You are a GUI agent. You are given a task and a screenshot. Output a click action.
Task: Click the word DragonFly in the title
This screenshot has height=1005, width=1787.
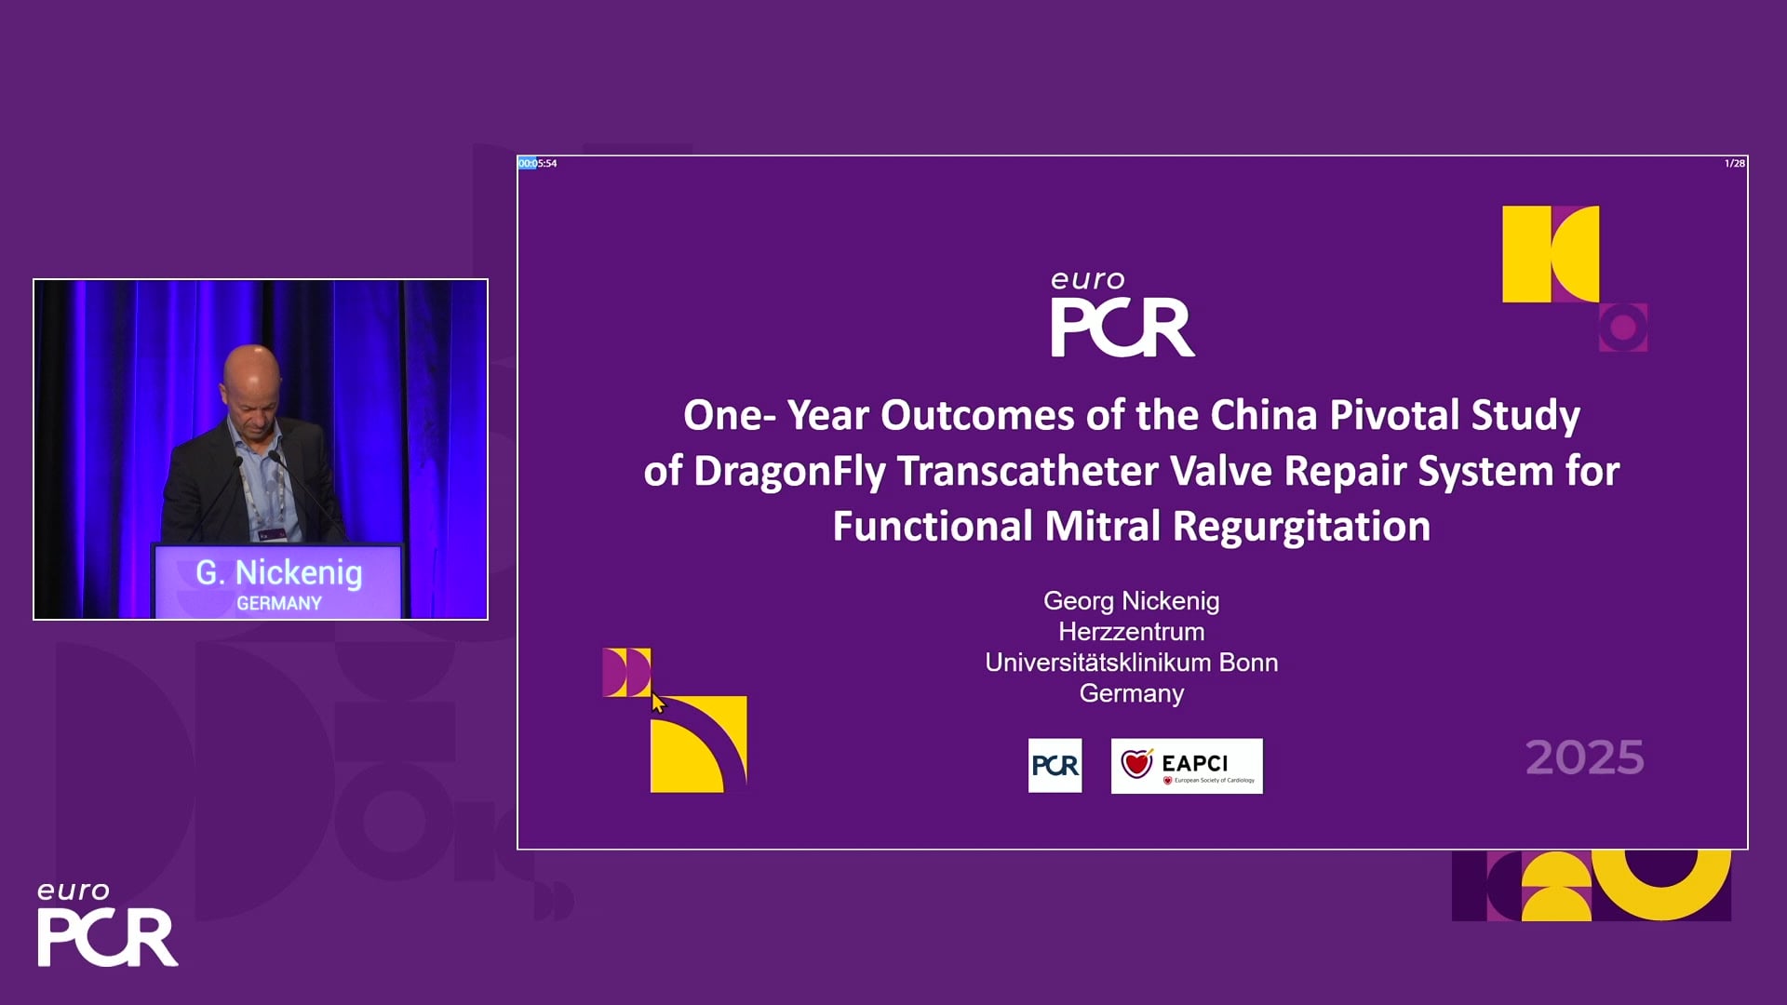[x=789, y=471]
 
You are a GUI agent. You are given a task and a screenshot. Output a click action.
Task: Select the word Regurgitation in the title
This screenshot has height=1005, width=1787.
[x=1301, y=527]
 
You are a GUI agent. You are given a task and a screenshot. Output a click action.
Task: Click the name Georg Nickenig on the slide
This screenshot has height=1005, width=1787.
[x=1131, y=601]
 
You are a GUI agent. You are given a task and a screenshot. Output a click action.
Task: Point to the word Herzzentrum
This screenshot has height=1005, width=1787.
[x=1131, y=632]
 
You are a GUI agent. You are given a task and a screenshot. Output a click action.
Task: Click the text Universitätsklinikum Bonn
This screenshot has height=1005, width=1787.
[x=1131, y=663]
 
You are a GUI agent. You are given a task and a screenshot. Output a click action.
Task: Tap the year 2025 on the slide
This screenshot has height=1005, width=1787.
[x=1584, y=757]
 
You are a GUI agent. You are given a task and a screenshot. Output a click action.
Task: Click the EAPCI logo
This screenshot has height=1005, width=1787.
[x=1187, y=766]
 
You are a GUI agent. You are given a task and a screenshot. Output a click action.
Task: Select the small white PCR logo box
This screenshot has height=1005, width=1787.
[x=1055, y=766]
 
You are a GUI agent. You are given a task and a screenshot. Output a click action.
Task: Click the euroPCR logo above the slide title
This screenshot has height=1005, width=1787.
[x=1122, y=315]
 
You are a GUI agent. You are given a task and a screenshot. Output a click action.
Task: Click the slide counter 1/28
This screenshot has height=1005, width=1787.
[x=1735, y=164]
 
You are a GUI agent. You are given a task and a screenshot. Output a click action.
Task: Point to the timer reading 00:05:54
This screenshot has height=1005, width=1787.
[x=538, y=164]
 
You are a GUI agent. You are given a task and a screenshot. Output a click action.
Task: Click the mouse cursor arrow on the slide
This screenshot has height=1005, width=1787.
[x=658, y=703]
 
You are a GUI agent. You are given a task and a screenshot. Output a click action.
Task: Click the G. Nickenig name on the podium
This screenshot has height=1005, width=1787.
[x=278, y=573]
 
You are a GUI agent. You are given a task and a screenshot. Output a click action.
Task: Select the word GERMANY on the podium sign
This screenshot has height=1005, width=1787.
[x=279, y=603]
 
